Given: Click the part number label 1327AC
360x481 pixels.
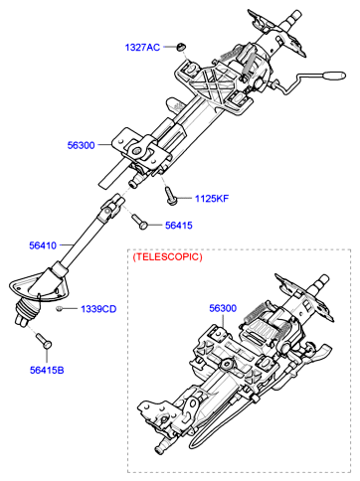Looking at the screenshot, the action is [x=142, y=48].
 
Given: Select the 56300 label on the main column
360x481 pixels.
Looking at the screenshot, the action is [x=81, y=145].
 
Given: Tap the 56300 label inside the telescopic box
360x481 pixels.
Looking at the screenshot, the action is [x=223, y=308].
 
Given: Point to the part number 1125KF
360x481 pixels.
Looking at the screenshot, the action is [x=212, y=199].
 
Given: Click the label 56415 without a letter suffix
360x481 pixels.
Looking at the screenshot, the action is [x=179, y=226].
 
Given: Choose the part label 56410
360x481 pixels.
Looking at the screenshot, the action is [x=43, y=245].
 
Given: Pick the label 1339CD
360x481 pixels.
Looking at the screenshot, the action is [x=98, y=309].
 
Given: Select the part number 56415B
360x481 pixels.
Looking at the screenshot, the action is [x=47, y=370].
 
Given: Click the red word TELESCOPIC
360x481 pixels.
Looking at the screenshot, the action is [x=167, y=256].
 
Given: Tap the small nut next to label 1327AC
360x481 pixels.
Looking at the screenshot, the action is [x=180, y=47].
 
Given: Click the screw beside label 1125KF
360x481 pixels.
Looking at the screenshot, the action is [x=171, y=196].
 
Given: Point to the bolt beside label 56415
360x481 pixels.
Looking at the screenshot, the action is [x=139, y=222].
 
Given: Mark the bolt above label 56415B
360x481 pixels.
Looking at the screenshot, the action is [x=44, y=341].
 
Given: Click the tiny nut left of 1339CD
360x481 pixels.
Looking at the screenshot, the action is [x=60, y=309].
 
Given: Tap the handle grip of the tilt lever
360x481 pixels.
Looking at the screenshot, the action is [x=333, y=76].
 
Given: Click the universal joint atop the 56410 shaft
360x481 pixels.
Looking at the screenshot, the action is [x=111, y=208].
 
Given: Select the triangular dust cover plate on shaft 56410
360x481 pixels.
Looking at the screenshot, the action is [x=39, y=285].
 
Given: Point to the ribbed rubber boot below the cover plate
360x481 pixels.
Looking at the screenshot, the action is [x=27, y=311].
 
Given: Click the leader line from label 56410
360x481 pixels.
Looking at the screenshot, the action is [x=66, y=245].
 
